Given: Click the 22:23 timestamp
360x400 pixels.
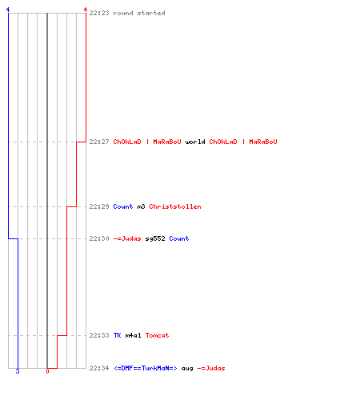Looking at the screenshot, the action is [99, 13].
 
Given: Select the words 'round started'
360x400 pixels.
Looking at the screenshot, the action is [139, 13].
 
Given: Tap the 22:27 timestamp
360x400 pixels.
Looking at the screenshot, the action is [99, 142].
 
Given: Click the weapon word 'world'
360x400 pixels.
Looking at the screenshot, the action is [195, 142].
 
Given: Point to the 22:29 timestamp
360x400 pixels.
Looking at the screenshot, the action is [99, 206].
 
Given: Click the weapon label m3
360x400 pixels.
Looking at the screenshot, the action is [141, 206].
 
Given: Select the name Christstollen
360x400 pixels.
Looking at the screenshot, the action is [175, 206].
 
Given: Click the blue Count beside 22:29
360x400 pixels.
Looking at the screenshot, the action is [123, 206].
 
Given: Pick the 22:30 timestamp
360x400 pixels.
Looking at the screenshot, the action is [99, 238].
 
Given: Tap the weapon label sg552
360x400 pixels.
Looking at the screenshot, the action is [155, 238].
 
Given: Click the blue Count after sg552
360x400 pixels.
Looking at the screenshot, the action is [179, 238].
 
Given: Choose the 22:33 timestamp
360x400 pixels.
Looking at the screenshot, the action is [99, 335].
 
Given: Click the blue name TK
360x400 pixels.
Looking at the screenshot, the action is [117, 335].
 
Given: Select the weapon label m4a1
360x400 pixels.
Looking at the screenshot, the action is [133, 335].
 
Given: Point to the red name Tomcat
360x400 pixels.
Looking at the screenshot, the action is [157, 335].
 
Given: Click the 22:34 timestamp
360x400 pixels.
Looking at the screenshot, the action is [99, 368].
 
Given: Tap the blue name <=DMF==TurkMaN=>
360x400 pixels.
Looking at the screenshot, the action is [145, 368].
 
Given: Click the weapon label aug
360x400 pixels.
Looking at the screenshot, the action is [187, 369].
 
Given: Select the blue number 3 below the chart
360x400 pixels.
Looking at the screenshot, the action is [18, 371].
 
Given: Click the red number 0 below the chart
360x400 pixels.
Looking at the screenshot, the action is [47, 371].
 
